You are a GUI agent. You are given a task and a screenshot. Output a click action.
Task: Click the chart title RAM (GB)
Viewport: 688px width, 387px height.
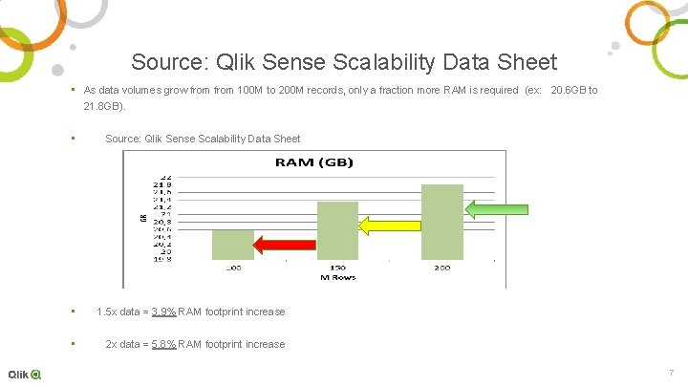[x=313, y=162]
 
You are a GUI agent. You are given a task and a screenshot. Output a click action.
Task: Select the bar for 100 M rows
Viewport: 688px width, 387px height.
[x=233, y=245]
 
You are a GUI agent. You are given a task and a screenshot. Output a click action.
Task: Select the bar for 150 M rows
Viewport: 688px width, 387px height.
[x=337, y=230]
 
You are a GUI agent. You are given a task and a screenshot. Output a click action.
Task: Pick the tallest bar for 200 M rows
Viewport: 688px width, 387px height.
[x=441, y=222]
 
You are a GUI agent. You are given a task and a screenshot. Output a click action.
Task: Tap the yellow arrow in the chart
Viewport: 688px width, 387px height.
[x=388, y=226]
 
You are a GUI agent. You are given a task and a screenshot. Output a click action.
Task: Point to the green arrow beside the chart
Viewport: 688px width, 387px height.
[x=496, y=209]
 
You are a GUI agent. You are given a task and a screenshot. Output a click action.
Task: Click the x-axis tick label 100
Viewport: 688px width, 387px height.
[x=233, y=268]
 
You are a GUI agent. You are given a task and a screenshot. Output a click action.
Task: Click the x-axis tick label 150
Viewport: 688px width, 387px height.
[x=337, y=268]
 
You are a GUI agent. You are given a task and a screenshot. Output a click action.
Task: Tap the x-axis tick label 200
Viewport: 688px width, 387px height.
[x=441, y=268]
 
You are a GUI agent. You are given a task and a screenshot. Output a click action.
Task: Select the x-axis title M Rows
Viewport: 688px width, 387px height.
[x=337, y=278]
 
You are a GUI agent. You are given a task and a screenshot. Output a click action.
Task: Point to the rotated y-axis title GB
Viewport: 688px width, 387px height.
[x=144, y=219]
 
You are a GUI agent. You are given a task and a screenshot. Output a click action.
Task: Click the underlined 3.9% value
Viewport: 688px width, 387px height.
[x=163, y=312]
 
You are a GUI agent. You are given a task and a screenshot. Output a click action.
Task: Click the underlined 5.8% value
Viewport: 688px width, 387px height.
[x=163, y=344]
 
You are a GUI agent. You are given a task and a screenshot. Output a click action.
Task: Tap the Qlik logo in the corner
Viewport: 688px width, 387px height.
[x=24, y=374]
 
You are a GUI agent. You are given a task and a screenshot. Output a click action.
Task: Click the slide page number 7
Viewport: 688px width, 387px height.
[x=672, y=373]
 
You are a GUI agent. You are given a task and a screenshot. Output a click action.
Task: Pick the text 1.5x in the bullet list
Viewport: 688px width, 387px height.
[x=106, y=312]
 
